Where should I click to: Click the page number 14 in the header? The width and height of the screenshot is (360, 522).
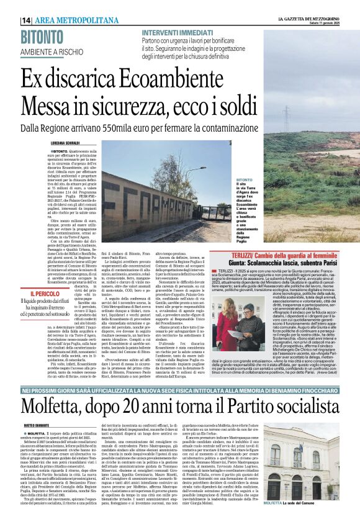26,20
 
